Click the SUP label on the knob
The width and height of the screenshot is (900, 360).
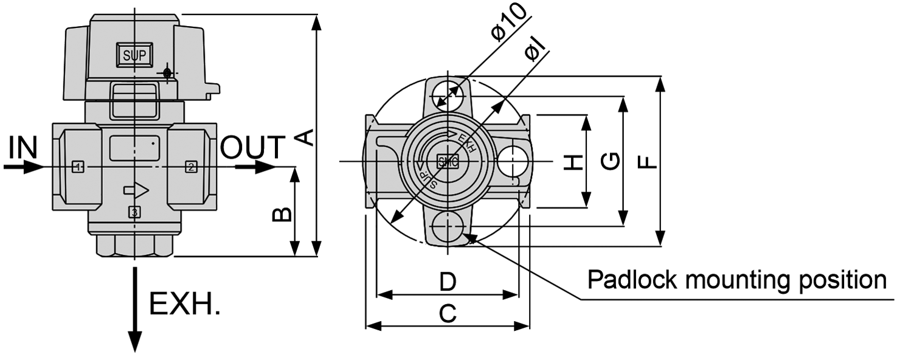[134, 55]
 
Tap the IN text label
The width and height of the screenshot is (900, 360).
[24, 147]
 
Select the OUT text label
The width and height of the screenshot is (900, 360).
[252, 148]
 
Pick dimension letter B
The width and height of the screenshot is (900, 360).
[282, 214]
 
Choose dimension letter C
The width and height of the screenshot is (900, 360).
[448, 314]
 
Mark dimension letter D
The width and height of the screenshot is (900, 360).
[448, 282]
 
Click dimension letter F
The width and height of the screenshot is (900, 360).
[648, 162]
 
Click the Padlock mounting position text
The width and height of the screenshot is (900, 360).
[736, 280]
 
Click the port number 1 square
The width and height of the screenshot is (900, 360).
[77, 167]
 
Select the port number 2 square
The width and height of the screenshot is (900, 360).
[190, 167]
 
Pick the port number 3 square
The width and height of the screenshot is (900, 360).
[134, 212]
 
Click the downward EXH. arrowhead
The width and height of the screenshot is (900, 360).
[134, 341]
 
